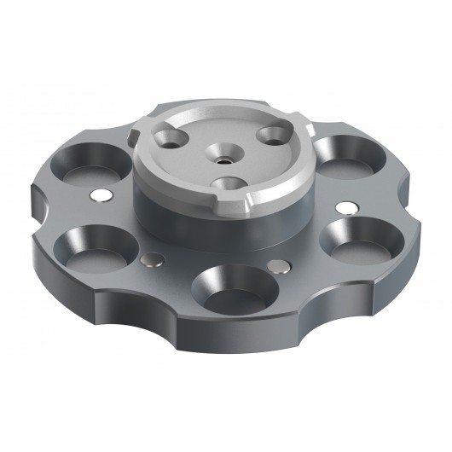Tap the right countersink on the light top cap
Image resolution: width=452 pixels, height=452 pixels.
coord(274,133)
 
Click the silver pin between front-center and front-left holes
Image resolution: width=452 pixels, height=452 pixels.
coord(152,259)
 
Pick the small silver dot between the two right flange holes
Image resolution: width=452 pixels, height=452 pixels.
coord(350,207)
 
